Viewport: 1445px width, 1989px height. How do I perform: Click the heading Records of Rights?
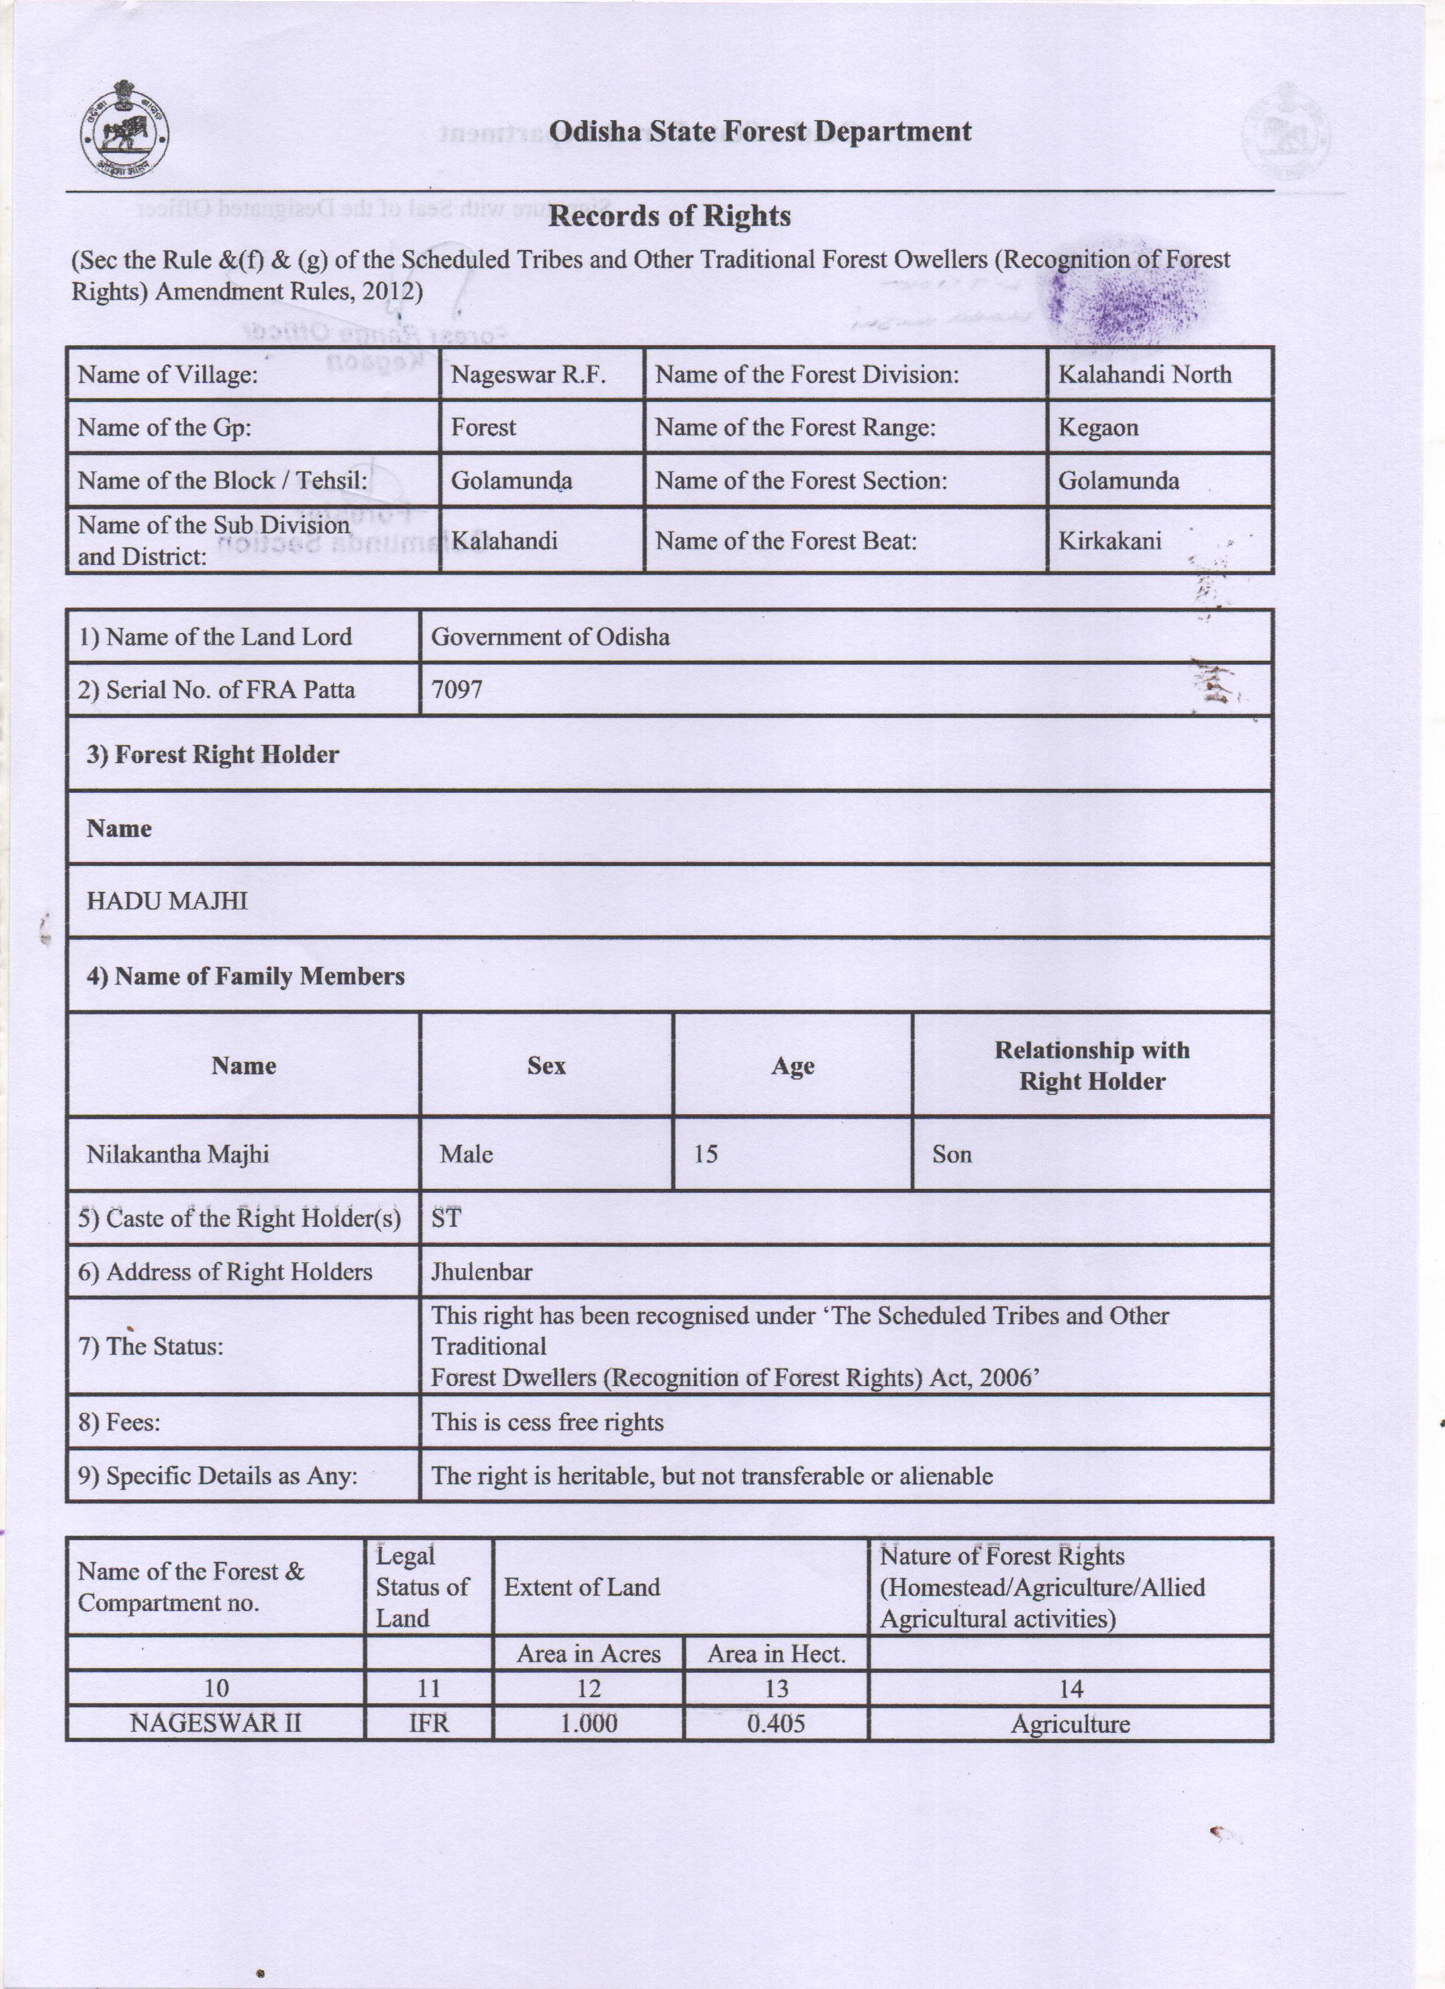(669, 216)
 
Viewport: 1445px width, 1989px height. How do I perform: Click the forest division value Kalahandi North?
(1144, 375)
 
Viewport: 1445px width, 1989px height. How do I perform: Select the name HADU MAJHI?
(167, 900)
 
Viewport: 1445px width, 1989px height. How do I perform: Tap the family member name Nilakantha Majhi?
(177, 1154)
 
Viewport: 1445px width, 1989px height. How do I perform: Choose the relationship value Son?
(951, 1154)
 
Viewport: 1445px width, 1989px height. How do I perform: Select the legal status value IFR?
(429, 1723)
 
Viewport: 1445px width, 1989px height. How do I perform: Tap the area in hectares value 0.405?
(776, 1723)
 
